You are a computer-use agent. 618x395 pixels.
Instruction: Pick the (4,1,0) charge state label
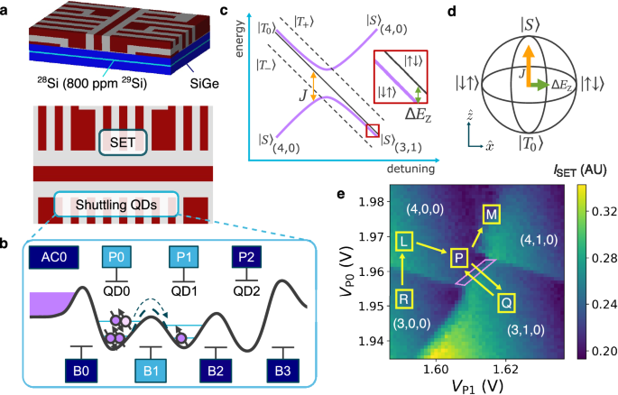click(540, 240)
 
